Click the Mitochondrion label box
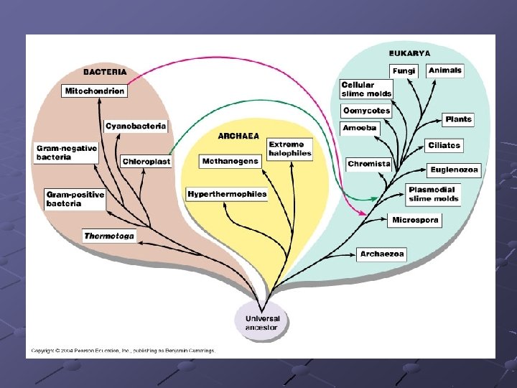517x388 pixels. pyautogui.click(x=95, y=91)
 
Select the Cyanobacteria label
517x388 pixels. pyautogui.click(x=136, y=126)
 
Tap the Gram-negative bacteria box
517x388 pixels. pyautogui.click(x=67, y=153)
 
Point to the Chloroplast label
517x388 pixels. pyautogui.click(x=146, y=162)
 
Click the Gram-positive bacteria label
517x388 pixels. pyautogui.click(x=75, y=199)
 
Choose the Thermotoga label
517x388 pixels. pyautogui.click(x=109, y=236)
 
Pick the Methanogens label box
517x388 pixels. pyautogui.click(x=230, y=162)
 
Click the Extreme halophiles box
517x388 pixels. pyautogui.click(x=290, y=149)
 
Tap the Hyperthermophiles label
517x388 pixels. pyautogui.click(x=227, y=194)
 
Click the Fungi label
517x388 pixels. pyautogui.click(x=404, y=71)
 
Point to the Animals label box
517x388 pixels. pyautogui.click(x=445, y=70)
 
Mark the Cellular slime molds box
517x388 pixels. pyautogui.click(x=366, y=89)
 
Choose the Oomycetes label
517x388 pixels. pyautogui.click(x=366, y=111)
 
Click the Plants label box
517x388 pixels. pyautogui.click(x=458, y=119)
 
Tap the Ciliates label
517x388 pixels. pyautogui.click(x=444, y=145)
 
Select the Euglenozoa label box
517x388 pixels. pyautogui.click(x=454, y=170)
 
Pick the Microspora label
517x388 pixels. pyautogui.click(x=416, y=220)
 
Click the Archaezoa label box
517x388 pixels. pyautogui.click(x=383, y=254)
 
